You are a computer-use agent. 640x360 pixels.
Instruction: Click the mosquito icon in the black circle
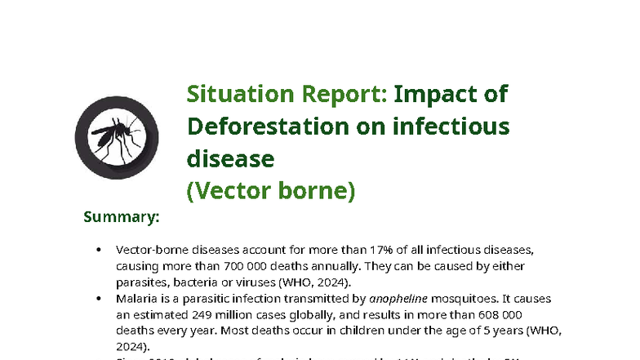[x=111, y=136]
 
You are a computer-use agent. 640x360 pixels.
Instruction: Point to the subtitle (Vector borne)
[x=271, y=190]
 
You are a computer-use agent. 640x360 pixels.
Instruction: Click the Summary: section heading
[x=121, y=217]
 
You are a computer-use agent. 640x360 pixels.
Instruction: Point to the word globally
[x=325, y=315]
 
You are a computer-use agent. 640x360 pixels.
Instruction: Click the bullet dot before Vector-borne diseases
[x=99, y=251]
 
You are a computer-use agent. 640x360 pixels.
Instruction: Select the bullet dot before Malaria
[x=99, y=300]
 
